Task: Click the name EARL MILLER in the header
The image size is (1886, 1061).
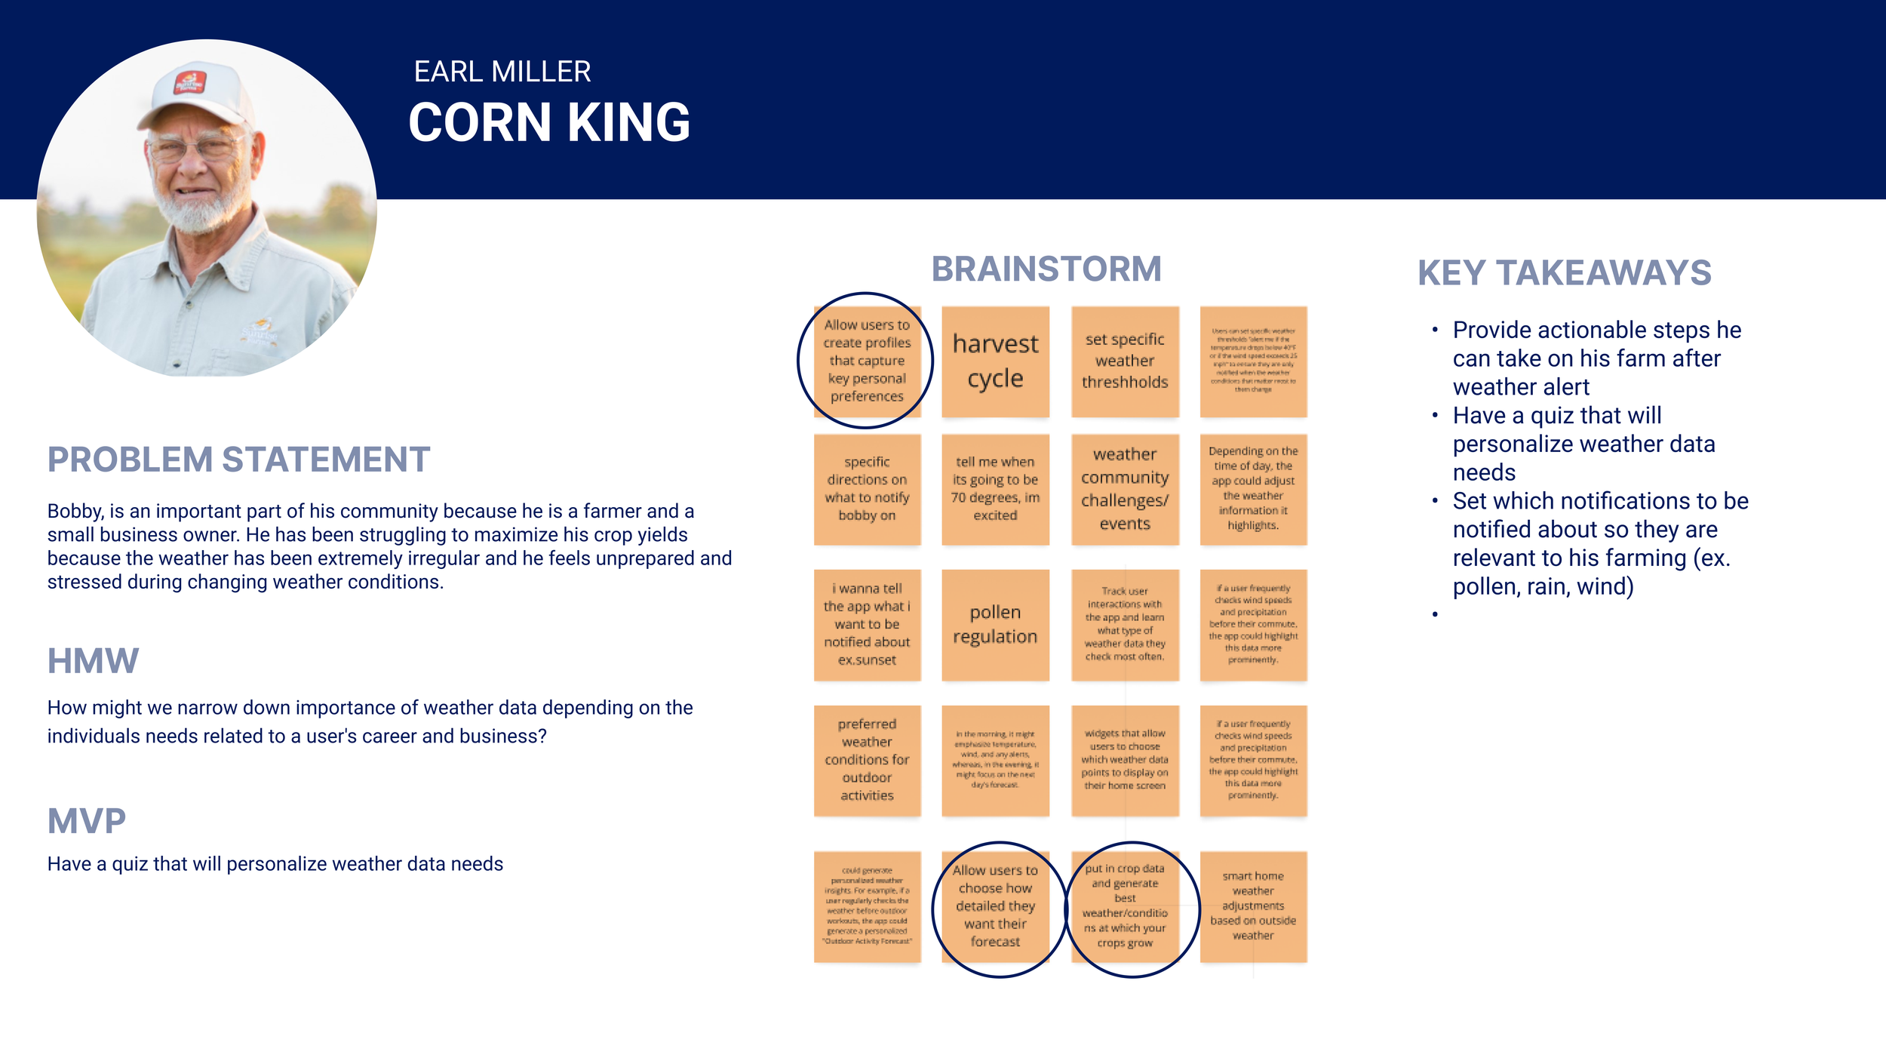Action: [502, 72]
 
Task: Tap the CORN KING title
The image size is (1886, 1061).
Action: [548, 122]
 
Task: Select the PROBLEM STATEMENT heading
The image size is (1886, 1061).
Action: [238, 460]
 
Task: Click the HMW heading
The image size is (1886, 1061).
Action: [93, 661]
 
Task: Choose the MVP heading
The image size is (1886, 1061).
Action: [86, 821]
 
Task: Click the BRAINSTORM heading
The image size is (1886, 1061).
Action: [1046, 269]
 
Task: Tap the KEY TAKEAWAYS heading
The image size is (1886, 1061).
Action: [1564, 273]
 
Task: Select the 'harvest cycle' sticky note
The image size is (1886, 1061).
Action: [995, 361]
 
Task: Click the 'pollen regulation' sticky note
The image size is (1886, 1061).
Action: [995, 625]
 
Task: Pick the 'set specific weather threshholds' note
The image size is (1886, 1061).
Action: [1125, 361]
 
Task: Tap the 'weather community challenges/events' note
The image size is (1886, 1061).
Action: [1125, 489]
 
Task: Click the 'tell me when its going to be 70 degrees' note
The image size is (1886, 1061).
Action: [995, 489]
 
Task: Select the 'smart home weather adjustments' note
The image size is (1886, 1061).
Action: [1253, 906]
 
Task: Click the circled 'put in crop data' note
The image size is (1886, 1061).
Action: [1125, 906]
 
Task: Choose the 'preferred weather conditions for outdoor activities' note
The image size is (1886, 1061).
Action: [867, 760]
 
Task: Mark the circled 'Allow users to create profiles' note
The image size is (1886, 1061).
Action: [867, 361]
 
